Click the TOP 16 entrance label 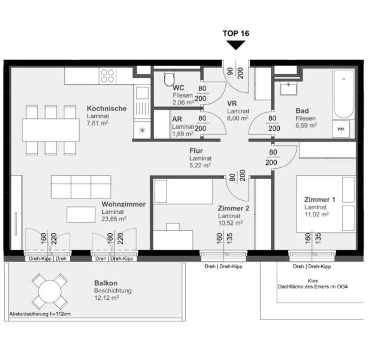point(236,34)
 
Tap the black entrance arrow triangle point(236,44)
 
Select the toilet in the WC point(169,80)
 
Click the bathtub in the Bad point(344,94)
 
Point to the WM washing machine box point(341,129)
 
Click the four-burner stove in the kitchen point(107,76)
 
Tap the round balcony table point(50,291)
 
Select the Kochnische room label point(107,108)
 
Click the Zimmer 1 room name point(319,200)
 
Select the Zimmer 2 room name point(233,209)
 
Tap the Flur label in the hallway point(196,151)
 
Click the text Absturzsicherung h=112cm point(40,314)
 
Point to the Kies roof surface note point(313,280)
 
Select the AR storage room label point(177,119)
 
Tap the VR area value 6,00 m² point(238,118)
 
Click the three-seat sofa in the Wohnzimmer point(81,187)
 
